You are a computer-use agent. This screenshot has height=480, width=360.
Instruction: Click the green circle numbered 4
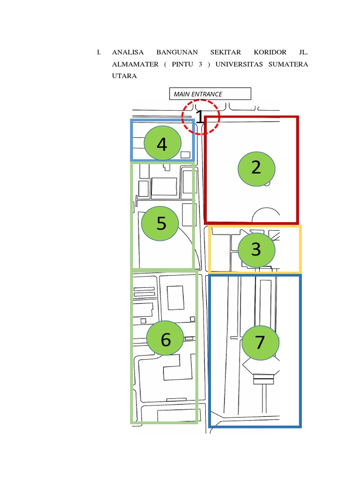pyautogui.click(x=162, y=144)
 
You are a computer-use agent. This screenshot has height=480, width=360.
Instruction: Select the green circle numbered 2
pyautogui.click(x=256, y=167)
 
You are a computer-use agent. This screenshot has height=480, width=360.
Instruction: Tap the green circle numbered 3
pyautogui.click(x=256, y=249)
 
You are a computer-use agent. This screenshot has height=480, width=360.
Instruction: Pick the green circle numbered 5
pyautogui.click(x=161, y=224)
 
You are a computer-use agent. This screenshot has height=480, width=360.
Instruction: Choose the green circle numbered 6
pyautogui.click(x=165, y=339)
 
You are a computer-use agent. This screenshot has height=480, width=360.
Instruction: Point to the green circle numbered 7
pyautogui.click(x=260, y=343)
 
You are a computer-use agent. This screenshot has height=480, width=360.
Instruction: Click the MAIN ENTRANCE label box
pyautogui.click(x=210, y=94)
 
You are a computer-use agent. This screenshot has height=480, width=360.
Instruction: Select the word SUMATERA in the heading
pyautogui.click(x=288, y=64)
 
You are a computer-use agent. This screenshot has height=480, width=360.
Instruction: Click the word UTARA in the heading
pyautogui.click(x=124, y=76)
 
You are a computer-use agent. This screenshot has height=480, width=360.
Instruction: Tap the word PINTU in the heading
pyautogui.click(x=182, y=64)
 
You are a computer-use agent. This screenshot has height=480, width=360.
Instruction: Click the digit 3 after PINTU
pyautogui.click(x=200, y=64)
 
